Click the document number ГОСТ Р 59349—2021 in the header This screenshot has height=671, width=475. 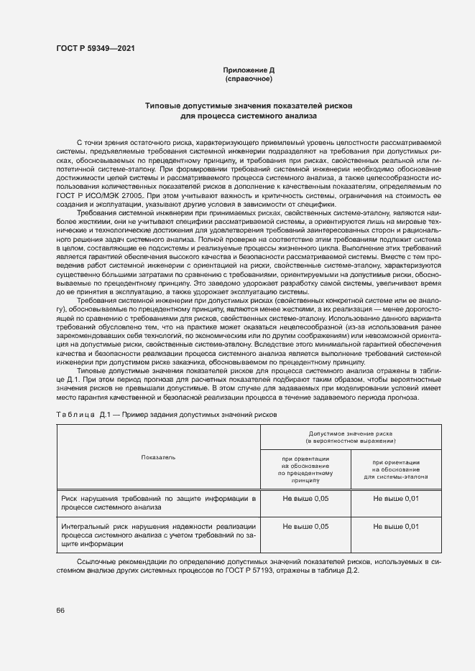coord(96,49)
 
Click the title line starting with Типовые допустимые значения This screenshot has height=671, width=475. coord(249,105)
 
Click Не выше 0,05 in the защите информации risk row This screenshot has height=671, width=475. coord(305,497)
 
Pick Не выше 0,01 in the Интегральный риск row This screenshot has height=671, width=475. coord(396,527)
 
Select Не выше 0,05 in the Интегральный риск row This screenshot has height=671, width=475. coord(305,527)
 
